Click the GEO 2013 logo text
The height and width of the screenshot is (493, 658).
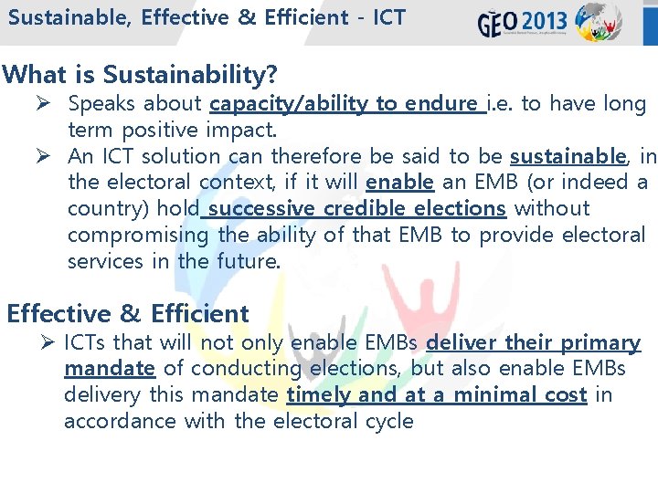(x=523, y=21)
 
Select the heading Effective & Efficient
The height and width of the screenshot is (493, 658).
(x=128, y=313)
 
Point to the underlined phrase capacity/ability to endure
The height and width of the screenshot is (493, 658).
(x=345, y=104)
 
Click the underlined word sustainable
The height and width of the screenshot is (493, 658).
(x=567, y=156)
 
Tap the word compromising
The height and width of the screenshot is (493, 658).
(x=138, y=235)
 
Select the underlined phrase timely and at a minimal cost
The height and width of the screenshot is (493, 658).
(x=436, y=394)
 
